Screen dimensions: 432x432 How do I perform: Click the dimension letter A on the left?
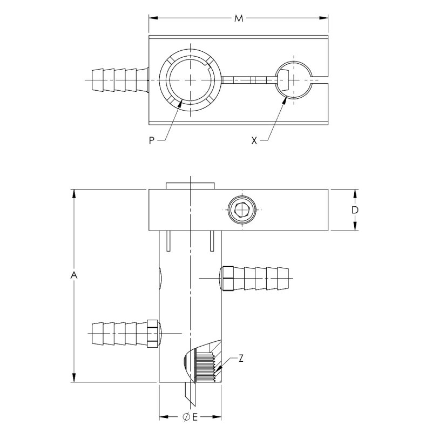(x=74, y=276)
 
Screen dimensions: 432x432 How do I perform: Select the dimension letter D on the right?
(x=355, y=210)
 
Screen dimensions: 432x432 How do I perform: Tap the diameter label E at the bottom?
(x=190, y=417)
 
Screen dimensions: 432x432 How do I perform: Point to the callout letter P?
(x=152, y=140)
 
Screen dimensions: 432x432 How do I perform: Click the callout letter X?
(x=254, y=140)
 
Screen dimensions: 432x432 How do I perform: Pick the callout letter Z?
(x=241, y=359)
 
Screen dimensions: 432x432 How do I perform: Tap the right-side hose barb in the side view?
(x=254, y=278)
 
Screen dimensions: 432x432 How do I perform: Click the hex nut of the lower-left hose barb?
(x=153, y=333)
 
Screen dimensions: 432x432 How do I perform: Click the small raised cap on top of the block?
(x=191, y=186)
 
